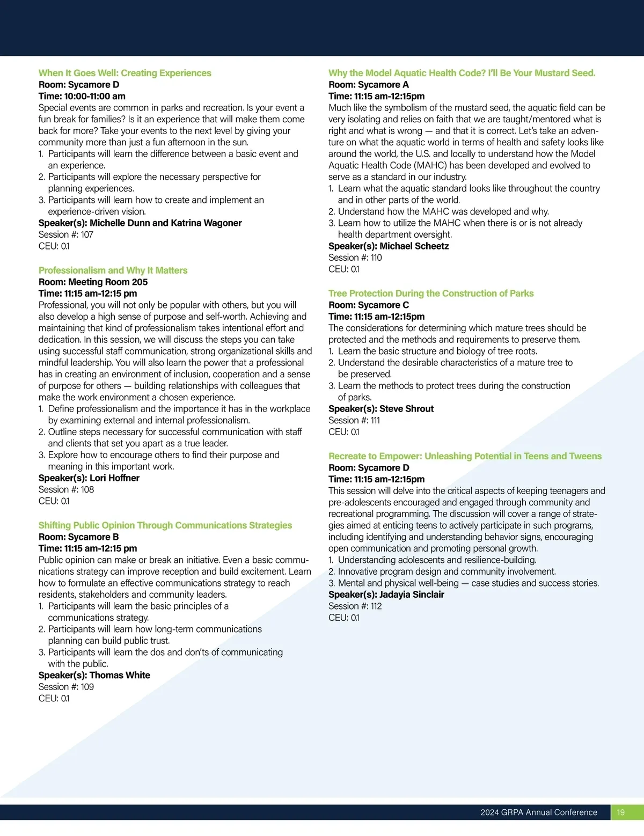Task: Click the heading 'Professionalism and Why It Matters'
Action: click(113, 270)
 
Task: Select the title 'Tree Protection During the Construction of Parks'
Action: click(431, 294)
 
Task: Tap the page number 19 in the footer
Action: click(621, 812)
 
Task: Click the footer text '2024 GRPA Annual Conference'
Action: click(539, 812)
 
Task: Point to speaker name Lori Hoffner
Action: click(114, 478)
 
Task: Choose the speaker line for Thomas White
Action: click(94, 676)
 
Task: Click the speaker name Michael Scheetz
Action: click(414, 246)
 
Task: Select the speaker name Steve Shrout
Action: click(406, 409)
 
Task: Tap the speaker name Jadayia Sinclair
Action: click(412, 595)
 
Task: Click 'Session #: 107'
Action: click(66, 234)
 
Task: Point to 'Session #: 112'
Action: click(355, 606)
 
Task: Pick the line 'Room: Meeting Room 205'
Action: click(93, 282)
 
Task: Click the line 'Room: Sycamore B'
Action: click(78, 537)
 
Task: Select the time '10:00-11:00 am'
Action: click(94, 97)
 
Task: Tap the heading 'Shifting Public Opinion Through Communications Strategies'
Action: click(165, 525)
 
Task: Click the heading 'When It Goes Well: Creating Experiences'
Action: click(125, 73)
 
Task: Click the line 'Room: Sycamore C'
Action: click(369, 305)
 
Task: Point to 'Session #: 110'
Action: click(355, 258)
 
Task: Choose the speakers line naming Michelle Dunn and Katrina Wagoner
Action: click(140, 223)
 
